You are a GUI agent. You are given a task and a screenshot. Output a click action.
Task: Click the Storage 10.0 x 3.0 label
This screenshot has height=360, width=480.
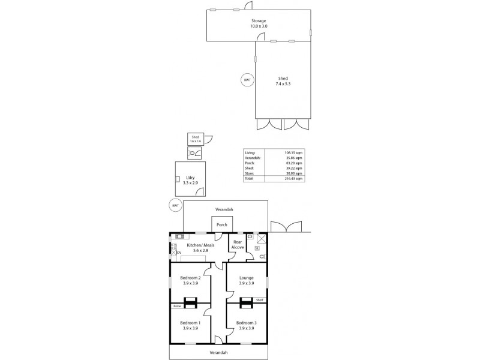pos(258,23)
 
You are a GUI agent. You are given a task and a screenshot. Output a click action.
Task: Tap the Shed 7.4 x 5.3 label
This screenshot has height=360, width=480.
pos(283,81)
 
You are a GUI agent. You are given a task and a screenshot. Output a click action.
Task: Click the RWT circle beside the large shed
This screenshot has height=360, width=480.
pos(247,80)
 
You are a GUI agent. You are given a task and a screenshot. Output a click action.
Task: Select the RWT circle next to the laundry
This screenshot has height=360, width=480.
pos(176,206)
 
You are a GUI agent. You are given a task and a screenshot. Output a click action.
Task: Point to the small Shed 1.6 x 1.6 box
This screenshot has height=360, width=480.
pos(196,139)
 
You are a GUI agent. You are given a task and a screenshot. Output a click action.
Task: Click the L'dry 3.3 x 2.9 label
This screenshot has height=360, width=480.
pos(190,179)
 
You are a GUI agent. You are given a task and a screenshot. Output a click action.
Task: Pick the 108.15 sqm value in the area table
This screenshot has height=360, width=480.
pos(292,153)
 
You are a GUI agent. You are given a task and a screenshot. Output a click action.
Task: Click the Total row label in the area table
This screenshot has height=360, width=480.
pos(250,179)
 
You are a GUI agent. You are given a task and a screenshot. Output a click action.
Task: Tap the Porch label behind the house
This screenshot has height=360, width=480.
pos(221,225)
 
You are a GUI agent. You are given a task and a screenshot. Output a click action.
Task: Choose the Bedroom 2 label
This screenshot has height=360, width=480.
pos(190,280)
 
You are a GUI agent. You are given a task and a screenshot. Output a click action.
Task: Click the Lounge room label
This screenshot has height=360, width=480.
pos(246,280)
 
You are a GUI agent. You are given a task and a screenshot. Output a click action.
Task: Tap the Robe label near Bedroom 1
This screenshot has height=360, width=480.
pos(176,306)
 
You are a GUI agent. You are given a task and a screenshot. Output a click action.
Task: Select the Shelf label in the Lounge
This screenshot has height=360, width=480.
pos(259,300)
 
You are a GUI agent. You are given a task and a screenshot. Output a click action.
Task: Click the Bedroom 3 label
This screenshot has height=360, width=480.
pos(246,326)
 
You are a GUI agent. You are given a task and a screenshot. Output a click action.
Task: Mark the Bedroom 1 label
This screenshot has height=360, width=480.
pos(190,326)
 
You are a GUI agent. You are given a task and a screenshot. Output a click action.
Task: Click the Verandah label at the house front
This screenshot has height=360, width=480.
pos(218,353)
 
